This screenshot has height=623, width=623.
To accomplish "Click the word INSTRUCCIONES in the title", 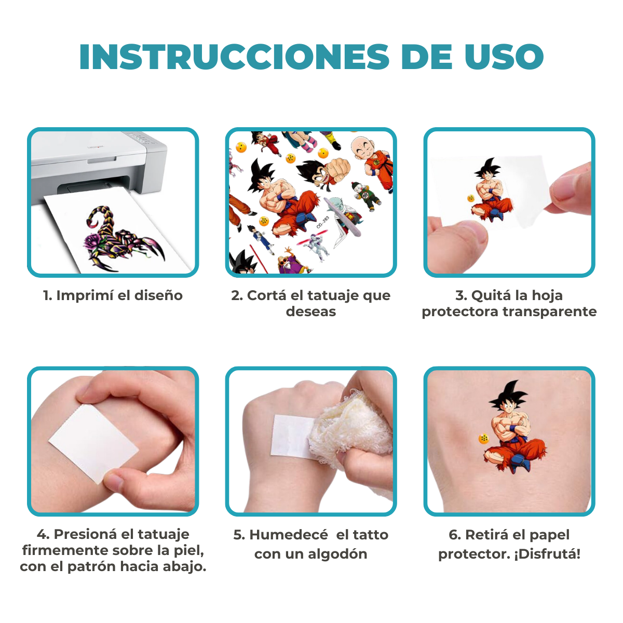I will [x=234, y=57].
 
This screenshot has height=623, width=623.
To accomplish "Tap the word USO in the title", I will [x=504, y=57].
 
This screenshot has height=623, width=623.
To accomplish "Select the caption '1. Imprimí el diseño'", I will [x=113, y=295].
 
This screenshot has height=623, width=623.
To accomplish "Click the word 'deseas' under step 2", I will [x=310, y=311].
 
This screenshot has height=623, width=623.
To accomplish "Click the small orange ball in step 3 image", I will [x=471, y=198].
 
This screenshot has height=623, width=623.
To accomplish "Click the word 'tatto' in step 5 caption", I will [x=370, y=535].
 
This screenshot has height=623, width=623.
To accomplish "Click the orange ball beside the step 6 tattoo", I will [x=484, y=439].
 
